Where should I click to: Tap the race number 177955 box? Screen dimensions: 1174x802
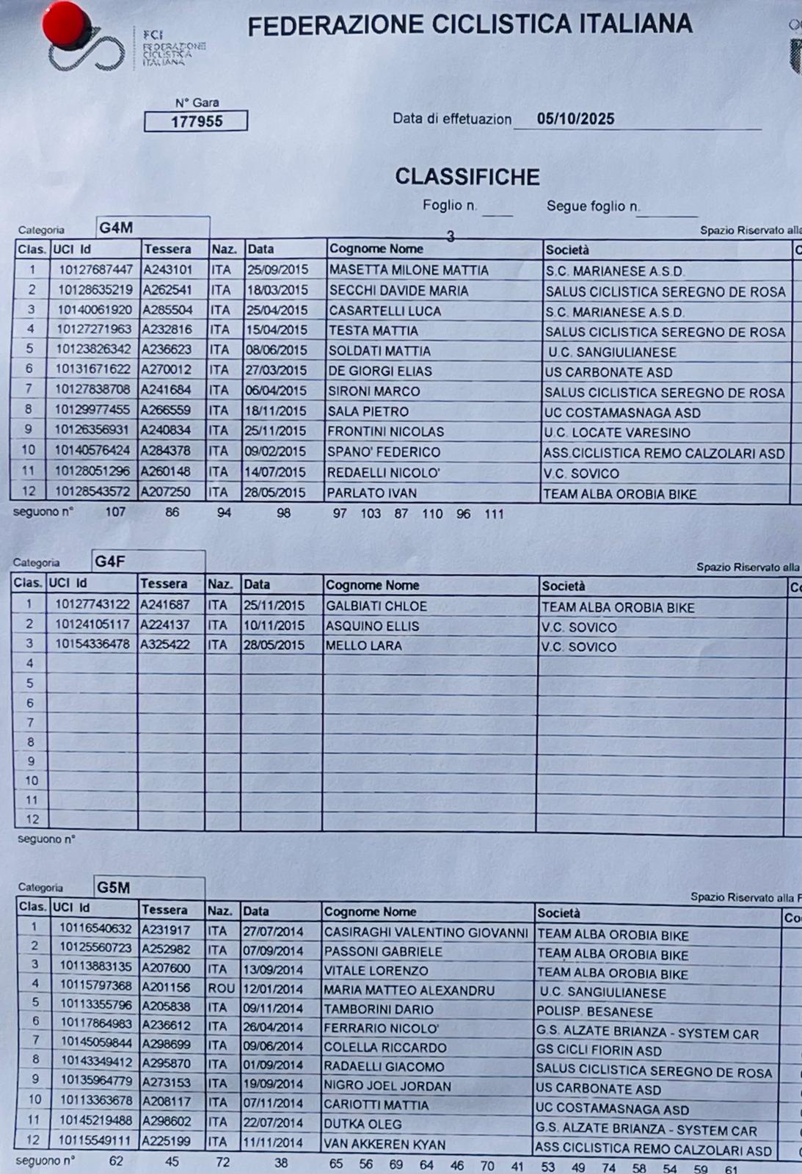(x=196, y=121)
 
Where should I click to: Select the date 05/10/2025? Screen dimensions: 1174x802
(x=575, y=119)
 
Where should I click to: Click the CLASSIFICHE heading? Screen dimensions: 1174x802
(x=467, y=177)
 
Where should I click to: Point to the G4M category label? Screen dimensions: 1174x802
(x=116, y=228)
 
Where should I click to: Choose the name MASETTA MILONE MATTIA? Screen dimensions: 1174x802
(x=409, y=270)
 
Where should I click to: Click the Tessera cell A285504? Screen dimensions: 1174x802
(x=167, y=310)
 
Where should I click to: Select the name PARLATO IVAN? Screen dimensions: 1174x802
(x=372, y=493)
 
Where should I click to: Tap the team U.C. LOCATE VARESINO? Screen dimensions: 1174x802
(x=616, y=432)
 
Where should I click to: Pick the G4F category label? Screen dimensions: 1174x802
(x=110, y=562)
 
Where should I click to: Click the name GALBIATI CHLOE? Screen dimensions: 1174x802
(x=376, y=606)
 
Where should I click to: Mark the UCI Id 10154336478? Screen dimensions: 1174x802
(x=92, y=645)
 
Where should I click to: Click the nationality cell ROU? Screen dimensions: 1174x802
(x=220, y=988)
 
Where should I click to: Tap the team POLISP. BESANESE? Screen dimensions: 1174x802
(x=594, y=1012)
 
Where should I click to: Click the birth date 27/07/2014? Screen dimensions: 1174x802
(x=273, y=931)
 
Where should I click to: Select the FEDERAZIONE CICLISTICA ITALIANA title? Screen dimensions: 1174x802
(x=470, y=26)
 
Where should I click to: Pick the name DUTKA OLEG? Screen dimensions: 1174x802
(x=363, y=1124)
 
